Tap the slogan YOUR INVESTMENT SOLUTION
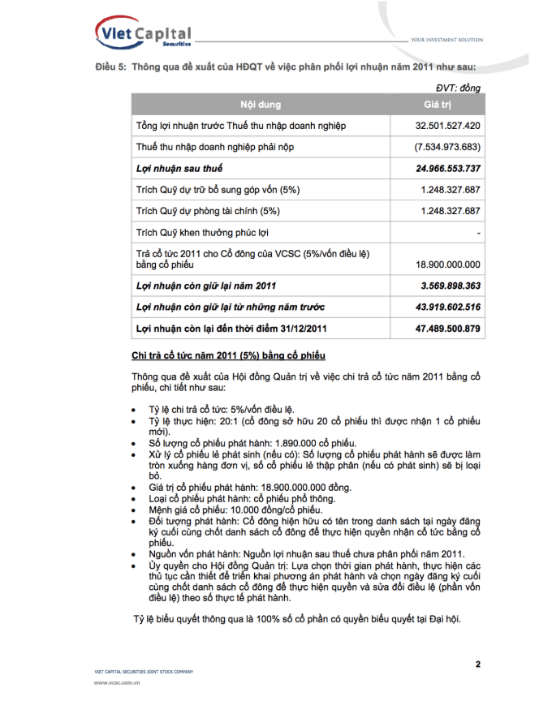pos(446,40)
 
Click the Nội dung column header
pos(260,105)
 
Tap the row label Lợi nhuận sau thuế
pos(179,169)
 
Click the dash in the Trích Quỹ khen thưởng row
pos(479,233)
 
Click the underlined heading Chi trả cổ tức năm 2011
pos(229,355)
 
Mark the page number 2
pos(478,665)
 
